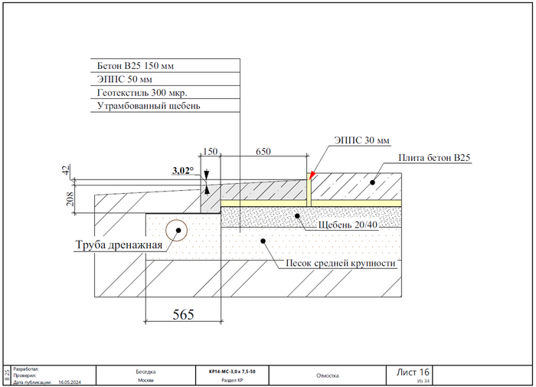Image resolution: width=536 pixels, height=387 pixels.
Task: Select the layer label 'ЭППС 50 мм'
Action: click(x=125, y=79)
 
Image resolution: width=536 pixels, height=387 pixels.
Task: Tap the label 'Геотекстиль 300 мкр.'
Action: click(x=142, y=92)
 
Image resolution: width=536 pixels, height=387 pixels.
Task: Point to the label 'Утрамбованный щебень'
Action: click(x=148, y=106)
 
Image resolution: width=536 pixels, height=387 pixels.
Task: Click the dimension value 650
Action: click(x=263, y=152)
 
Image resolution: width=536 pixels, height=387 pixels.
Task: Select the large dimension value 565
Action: click(x=182, y=313)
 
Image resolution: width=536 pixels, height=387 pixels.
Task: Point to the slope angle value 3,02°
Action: click(x=185, y=171)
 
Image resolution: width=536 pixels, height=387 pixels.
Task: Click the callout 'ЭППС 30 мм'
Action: click(x=362, y=140)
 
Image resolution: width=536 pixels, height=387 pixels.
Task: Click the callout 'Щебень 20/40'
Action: click(x=348, y=225)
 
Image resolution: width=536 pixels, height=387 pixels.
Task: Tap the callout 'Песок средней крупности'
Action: click(x=340, y=263)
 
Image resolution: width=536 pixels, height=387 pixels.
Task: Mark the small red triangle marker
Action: click(x=312, y=175)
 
